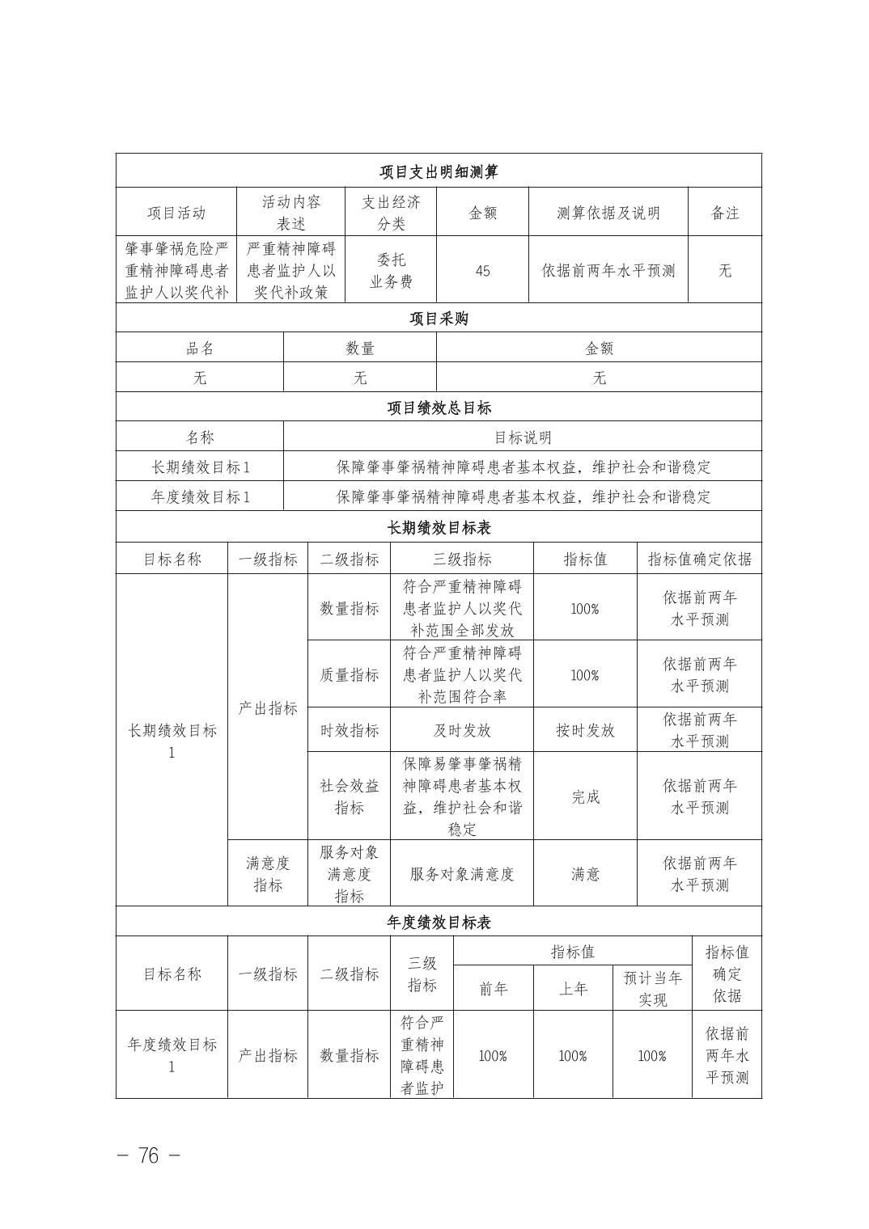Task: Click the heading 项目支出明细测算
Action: click(x=439, y=171)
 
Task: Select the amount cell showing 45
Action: click(x=482, y=271)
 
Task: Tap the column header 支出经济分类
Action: click(x=391, y=213)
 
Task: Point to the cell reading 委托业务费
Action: click(x=391, y=271)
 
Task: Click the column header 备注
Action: click(x=724, y=213)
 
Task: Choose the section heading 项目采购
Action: click(x=439, y=319)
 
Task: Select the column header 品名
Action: click(x=200, y=348)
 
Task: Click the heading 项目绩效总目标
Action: click(x=439, y=408)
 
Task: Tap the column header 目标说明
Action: click(x=523, y=437)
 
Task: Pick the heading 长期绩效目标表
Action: click(x=439, y=528)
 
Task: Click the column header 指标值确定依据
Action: click(x=699, y=559)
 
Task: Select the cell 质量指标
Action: click(x=349, y=675)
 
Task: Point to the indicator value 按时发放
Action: click(x=585, y=730)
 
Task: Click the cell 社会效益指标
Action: click(x=349, y=796)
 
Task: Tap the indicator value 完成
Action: click(x=585, y=796)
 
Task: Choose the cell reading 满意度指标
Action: click(x=268, y=874)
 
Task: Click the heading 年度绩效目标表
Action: click(x=439, y=923)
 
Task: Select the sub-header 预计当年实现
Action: click(x=652, y=988)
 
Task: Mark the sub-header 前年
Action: click(x=494, y=988)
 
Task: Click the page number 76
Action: click(x=149, y=1155)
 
